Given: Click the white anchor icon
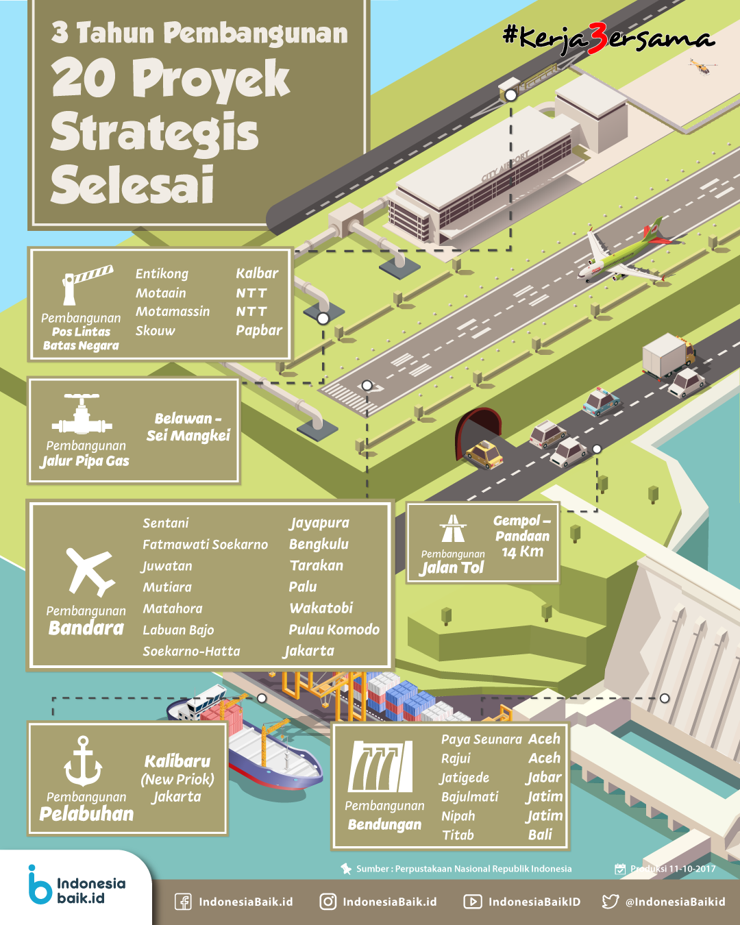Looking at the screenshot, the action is pyautogui.click(x=83, y=761).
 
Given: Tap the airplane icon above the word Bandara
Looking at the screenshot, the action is pyautogui.click(x=90, y=571).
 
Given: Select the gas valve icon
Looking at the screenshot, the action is pyautogui.click(x=82, y=413).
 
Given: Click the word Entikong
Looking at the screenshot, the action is pyautogui.click(x=162, y=274).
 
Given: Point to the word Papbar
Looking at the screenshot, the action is pyautogui.click(x=259, y=330).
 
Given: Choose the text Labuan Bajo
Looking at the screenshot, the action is pyautogui.click(x=178, y=630).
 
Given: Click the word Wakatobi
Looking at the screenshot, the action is pyautogui.click(x=321, y=608).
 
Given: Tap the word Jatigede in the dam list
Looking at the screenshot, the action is pyautogui.click(x=465, y=778).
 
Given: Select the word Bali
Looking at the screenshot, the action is pyautogui.click(x=540, y=835).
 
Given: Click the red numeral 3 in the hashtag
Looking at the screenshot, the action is pyautogui.click(x=597, y=38).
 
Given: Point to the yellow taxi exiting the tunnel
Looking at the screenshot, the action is pyautogui.click(x=483, y=454).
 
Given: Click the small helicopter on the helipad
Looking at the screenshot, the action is pyautogui.click(x=702, y=67).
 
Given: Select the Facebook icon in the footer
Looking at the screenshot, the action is pyautogui.click(x=183, y=902).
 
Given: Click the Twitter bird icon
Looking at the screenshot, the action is pyautogui.click(x=610, y=901).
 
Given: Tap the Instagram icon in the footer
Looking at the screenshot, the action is pyautogui.click(x=328, y=901).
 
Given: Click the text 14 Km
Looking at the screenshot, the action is pyautogui.click(x=522, y=552).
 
